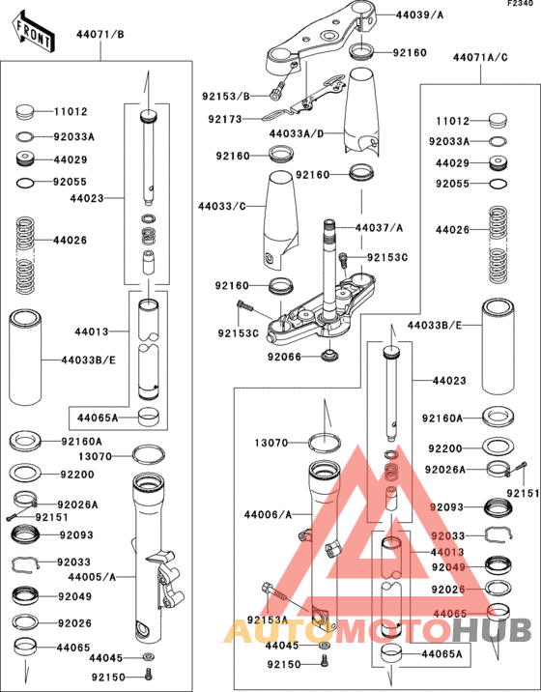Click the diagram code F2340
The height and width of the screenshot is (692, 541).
[x=521, y=5]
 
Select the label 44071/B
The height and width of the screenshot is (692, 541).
[x=100, y=35]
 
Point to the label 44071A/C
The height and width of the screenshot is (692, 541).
[x=480, y=58]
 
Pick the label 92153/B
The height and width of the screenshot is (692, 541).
[x=225, y=96]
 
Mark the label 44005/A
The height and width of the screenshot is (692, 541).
[x=93, y=577]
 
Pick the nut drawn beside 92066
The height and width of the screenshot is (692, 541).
[x=331, y=356]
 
